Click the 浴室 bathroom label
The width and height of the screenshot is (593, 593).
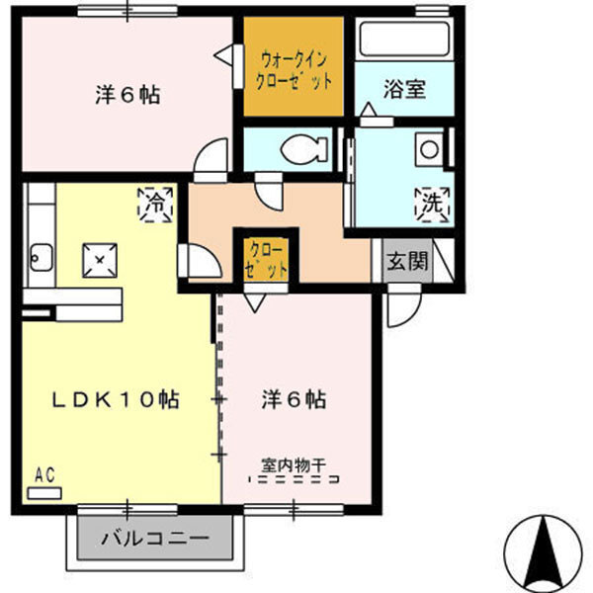pyautogui.click(x=404, y=89)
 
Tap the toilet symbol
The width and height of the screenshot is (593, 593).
pyautogui.click(x=301, y=150)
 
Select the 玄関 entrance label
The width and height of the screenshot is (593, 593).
pyautogui.click(x=407, y=262)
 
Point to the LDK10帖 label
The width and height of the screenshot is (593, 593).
pyautogui.click(x=117, y=400)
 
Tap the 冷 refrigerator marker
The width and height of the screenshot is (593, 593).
pyautogui.click(x=156, y=205)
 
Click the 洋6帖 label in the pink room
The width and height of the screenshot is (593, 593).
pyautogui.click(x=295, y=400)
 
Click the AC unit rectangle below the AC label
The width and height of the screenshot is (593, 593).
pyautogui.click(x=44, y=490)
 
